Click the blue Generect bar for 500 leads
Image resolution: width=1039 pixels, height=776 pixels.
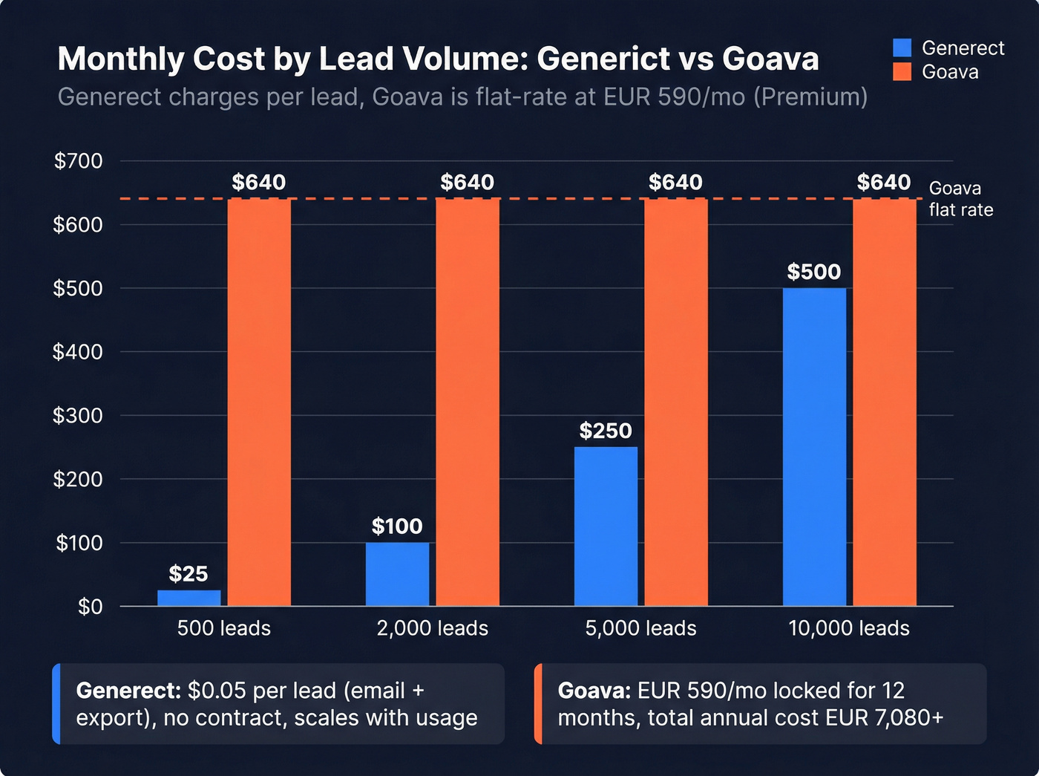click(x=189, y=598)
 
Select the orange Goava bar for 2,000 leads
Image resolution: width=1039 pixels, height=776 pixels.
click(x=468, y=402)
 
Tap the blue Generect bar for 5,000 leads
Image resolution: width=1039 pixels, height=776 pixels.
click(x=606, y=526)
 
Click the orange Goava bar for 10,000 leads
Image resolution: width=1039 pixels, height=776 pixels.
click(x=884, y=402)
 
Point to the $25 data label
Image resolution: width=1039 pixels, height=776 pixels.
click(x=188, y=574)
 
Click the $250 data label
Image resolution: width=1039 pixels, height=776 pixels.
click(x=606, y=431)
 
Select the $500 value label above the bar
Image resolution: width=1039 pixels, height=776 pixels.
click(x=814, y=272)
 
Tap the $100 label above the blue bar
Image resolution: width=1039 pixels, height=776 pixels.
click(x=397, y=526)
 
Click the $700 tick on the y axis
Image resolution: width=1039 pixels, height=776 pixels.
click(x=78, y=161)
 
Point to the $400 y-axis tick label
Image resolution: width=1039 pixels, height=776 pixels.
click(x=78, y=352)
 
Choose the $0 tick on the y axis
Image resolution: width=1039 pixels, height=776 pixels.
click(x=90, y=607)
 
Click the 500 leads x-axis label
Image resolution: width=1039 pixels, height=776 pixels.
click(x=223, y=628)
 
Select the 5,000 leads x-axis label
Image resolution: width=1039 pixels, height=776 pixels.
click(x=640, y=628)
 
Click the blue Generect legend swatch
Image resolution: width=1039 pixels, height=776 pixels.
click(x=902, y=48)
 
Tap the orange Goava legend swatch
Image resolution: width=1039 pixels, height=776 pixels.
click(x=902, y=72)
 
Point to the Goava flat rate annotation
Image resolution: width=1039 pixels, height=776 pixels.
click(x=960, y=199)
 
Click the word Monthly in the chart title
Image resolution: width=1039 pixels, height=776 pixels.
click(x=120, y=59)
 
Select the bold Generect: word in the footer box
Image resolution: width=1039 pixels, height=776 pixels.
click(x=128, y=691)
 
